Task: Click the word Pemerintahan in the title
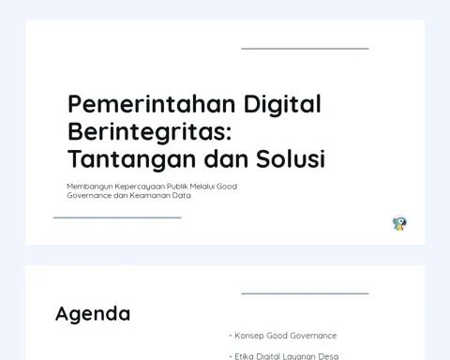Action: (152, 104)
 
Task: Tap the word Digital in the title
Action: (282, 105)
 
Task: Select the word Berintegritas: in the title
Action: (150, 132)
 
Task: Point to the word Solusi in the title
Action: (291, 158)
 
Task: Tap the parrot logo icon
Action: (399, 223)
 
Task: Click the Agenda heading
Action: (93, 314)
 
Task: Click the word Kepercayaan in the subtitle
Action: (140, 187)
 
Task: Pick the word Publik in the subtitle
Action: (177, 187)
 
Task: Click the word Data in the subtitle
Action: (184, 196)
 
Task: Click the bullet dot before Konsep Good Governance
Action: (231, 336)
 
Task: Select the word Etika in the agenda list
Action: (244, 356)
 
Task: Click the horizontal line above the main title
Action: (305, 49)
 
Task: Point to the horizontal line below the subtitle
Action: (117, 217)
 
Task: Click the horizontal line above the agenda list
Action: (305, 293)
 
